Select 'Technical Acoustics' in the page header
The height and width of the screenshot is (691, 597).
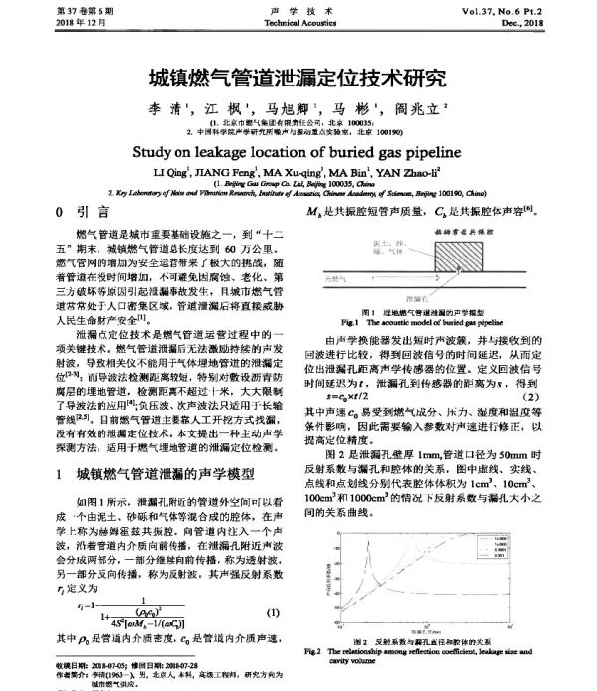pos(297,21)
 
